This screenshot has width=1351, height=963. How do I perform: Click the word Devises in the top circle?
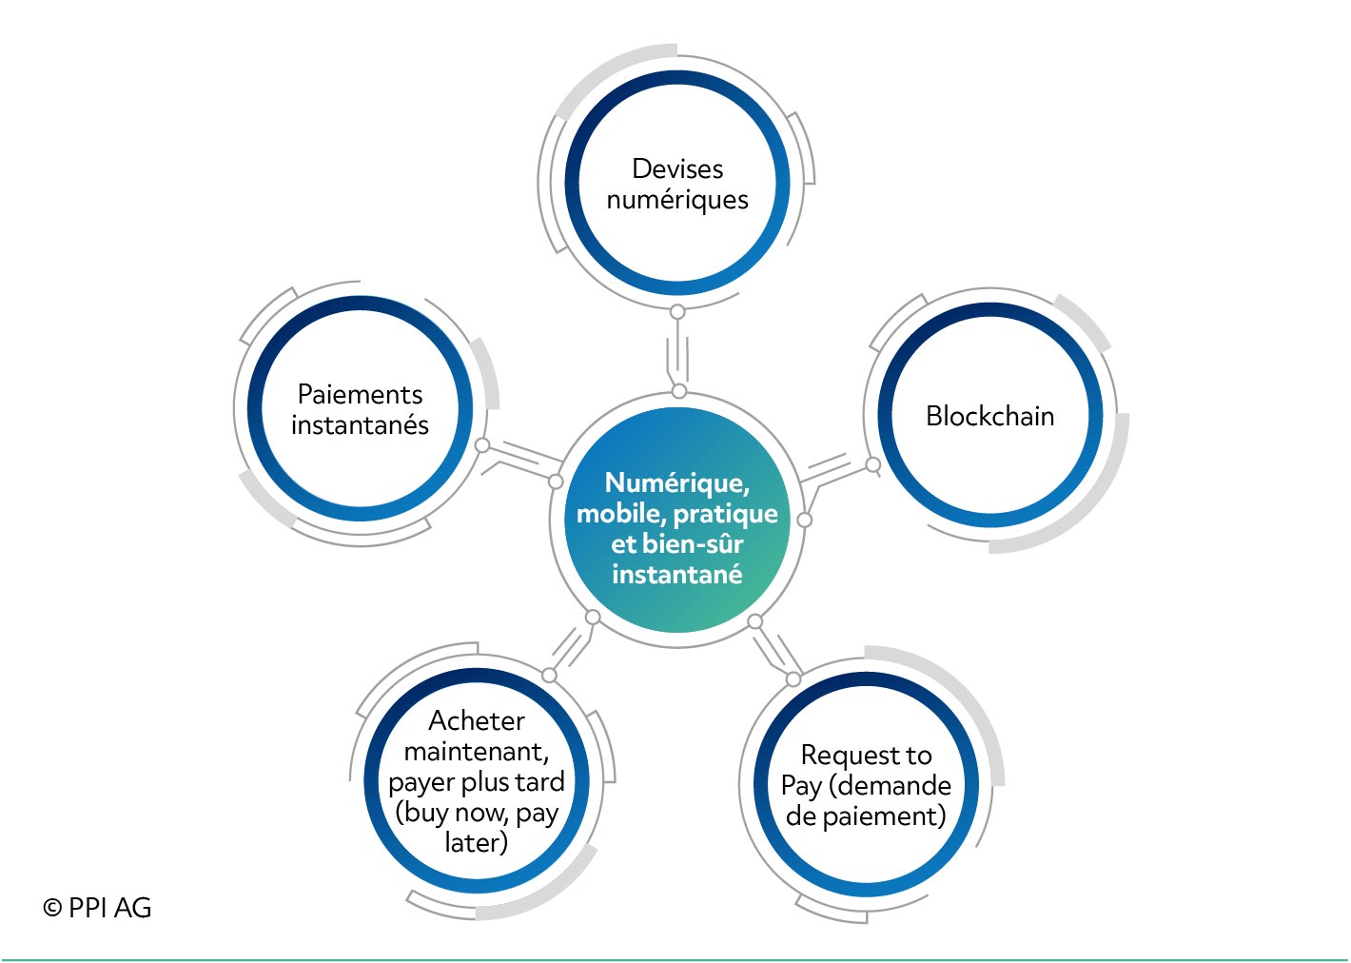677,169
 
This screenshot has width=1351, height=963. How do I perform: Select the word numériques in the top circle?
677,201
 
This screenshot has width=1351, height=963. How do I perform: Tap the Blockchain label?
989,417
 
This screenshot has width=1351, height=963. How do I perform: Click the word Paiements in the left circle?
360,395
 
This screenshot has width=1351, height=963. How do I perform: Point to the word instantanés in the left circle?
360,424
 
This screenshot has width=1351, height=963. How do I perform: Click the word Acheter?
477,720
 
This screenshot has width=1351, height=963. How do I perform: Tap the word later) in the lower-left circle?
477,842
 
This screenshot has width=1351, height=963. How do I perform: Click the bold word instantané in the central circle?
677,575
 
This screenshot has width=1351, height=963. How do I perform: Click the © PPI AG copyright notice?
97,908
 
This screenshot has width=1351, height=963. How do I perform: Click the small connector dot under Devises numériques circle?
677,312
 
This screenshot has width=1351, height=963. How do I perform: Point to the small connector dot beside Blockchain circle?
872,464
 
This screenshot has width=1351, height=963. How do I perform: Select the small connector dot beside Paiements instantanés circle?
482,445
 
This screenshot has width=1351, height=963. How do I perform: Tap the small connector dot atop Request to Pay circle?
793,678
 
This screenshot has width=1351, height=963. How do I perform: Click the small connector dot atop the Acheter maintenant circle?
550,675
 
